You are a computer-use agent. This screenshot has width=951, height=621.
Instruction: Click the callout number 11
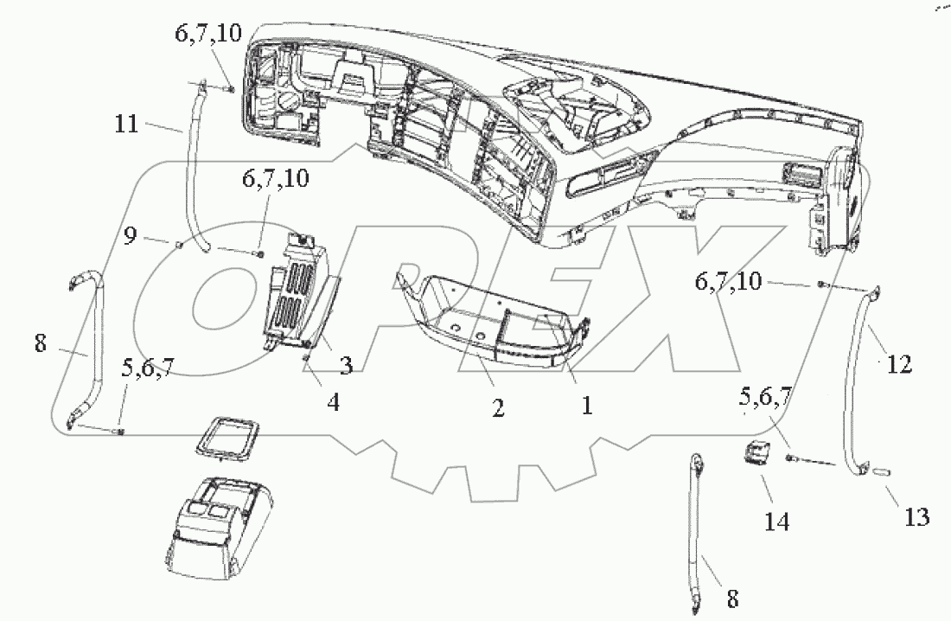[x=126, y=125]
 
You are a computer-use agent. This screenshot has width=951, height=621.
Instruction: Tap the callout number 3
[x=346, y=367]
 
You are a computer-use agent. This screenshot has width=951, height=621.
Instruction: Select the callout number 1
[x=586, y=404]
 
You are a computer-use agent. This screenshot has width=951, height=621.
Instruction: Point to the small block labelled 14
[x=757, y=452]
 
